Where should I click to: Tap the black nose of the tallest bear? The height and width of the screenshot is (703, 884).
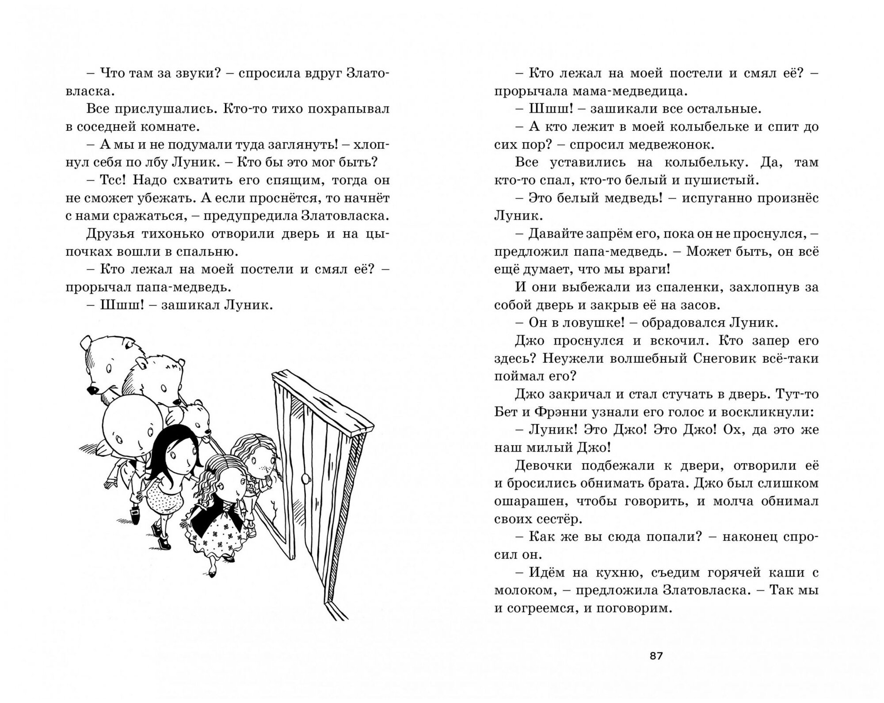tap(92, 390)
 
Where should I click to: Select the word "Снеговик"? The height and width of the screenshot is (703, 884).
tap(727, 358)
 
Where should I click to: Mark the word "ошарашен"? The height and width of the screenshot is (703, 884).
tap(526, 501)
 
